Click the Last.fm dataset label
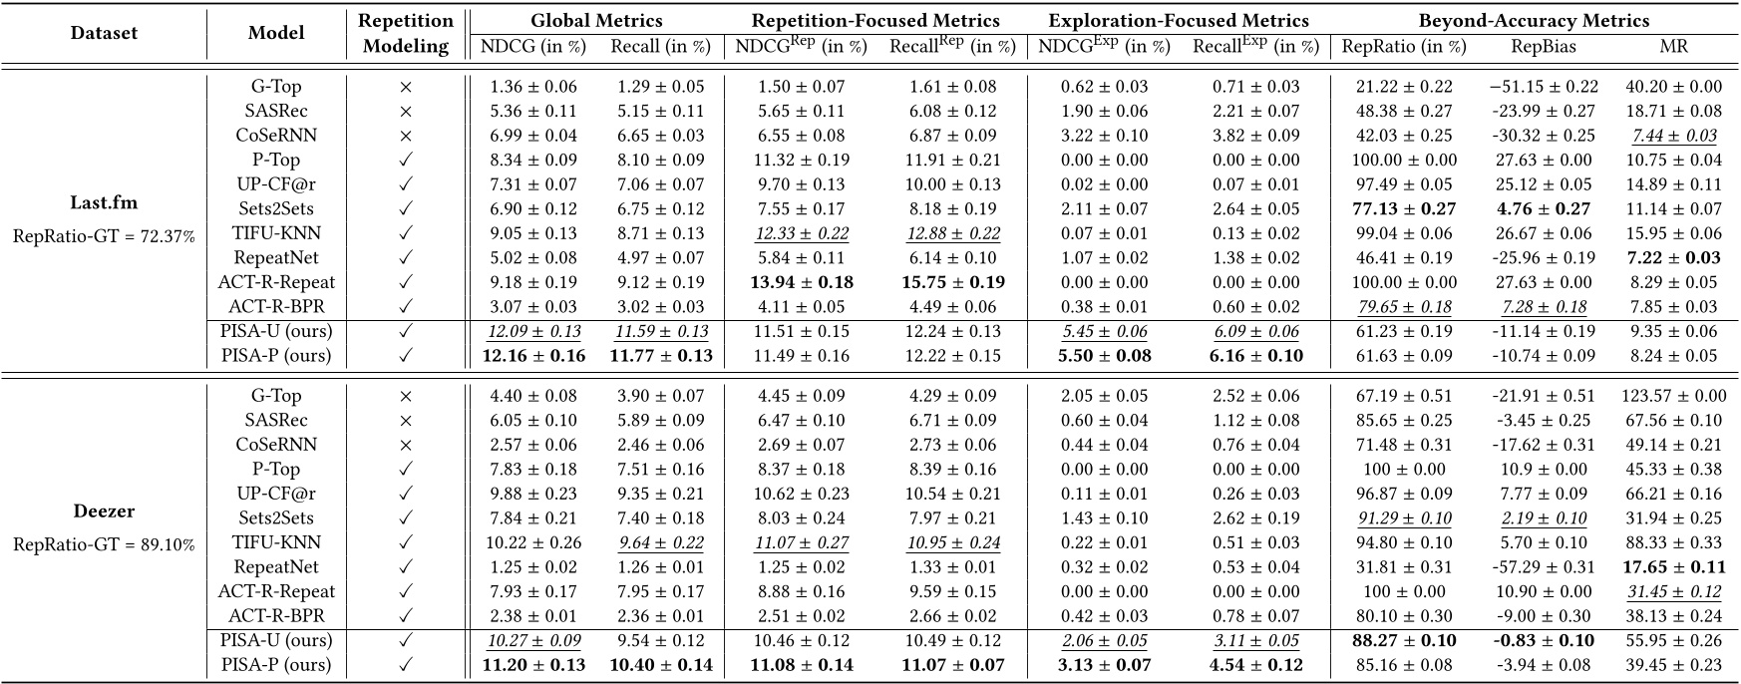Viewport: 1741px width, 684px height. pyautogui.click(x=104, y=202)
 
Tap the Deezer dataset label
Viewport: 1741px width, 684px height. pyautogui.click(x=104, y=512)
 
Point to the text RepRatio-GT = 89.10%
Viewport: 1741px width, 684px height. pyautogui.click(x=104, y=544)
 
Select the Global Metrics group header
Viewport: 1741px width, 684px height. pyautogui.click(x=596, y=20)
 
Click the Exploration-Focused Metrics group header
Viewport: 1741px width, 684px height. pyautogui.click(x=1179, y=20)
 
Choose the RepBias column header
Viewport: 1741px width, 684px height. pyautogui.click(x=1542, y=46)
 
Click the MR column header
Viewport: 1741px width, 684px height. pyautogui.click(x=1673, y=46)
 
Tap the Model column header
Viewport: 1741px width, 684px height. pyautogui.click(x=276, y=33)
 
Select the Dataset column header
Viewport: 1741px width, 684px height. pyautogui.click(x=104, y=33)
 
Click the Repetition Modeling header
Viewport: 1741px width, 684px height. pyautogui.click(x=407, y=33)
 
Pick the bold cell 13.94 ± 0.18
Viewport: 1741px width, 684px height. pyautogui.click(x=802, y=282)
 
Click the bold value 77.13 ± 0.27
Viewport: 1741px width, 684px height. pyautogui.click(x=1405, y=208)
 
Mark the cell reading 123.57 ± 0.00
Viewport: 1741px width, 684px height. pyautogui.click(x=1673, y=396)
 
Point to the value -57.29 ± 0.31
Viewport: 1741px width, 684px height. pyautogui.click(x=1542, y=567)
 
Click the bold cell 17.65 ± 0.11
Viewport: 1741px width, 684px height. pyautogui.click(x=1673, y=567)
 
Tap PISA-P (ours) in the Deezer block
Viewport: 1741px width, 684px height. pyautogui.click(x=276, y=665)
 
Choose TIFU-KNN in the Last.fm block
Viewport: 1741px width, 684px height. pyautogui.click(x=276, y=233)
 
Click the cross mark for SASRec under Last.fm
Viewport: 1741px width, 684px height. pyautogui.click(x=406, y=111)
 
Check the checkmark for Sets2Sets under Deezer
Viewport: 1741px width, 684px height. pyautogui.click(x=406, y=518)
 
